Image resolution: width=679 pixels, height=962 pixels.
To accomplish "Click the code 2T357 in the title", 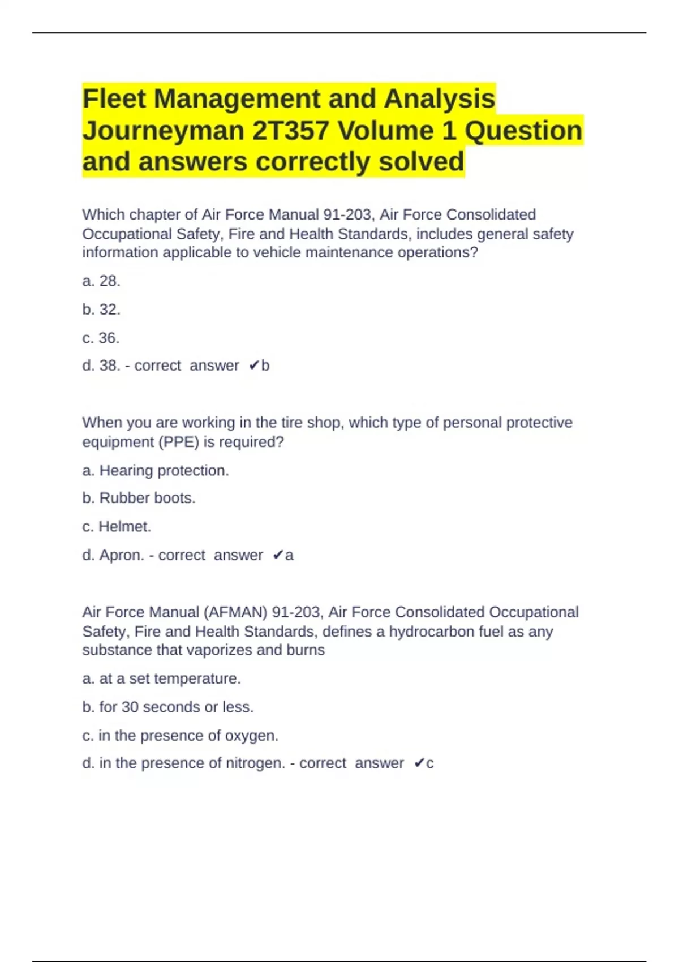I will coord(291,131).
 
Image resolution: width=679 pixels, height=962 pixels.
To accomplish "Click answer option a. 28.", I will coord(101,281).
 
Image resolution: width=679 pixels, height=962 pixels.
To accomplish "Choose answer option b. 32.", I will coord(101,310).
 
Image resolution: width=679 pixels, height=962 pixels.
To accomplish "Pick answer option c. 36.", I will coord(101,338).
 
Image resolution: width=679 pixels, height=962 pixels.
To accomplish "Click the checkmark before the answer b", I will coord(253,366).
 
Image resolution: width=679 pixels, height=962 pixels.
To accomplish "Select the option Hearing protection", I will coord(156,470).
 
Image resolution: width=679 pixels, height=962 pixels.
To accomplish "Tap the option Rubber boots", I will coord(139,498).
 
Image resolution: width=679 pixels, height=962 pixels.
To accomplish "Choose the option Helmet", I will coord(117,526).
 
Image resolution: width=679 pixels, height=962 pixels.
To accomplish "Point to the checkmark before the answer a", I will coord(277,555).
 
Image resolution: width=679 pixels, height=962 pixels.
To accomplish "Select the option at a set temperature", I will coord(161,678).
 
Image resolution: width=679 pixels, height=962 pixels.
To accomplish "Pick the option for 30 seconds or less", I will coord(168,707).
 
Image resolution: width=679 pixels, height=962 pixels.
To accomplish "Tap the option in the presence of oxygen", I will coord(181,736).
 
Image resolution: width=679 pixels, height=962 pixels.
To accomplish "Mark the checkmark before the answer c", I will coord(419,763).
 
